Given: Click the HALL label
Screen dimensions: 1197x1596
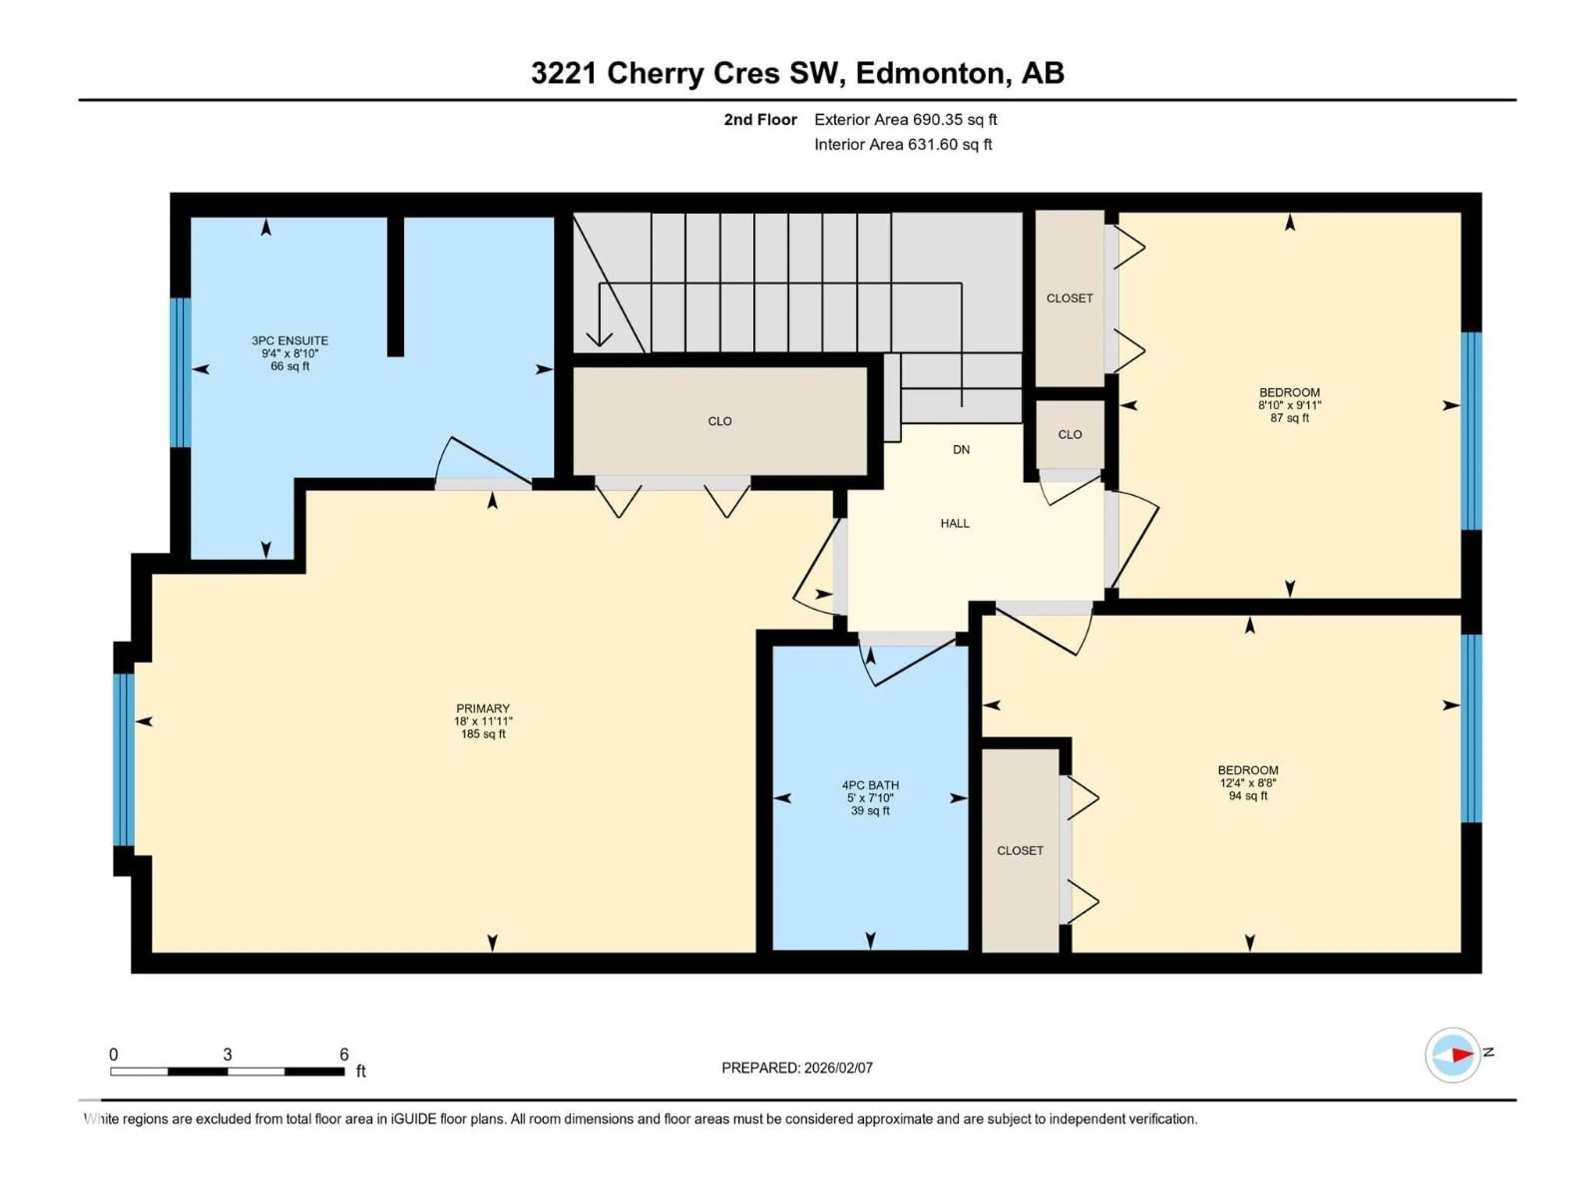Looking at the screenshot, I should click(955, 523).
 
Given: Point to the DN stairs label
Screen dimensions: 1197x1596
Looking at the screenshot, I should click(961, 450).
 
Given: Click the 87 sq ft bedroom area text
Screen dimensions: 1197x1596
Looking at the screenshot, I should click(1289, 418).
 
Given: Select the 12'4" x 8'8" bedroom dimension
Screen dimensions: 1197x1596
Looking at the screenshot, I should click(1248, 783).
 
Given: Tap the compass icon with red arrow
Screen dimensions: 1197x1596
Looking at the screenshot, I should click(1453, 1055).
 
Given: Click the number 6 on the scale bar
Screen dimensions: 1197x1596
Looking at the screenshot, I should click(344, 1054).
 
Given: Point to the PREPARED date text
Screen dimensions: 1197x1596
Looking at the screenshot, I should click(797, 1068).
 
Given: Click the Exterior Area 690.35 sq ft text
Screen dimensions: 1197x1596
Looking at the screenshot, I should click(906, 120).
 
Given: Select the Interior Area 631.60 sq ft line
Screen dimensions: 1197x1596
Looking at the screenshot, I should click(903, 144).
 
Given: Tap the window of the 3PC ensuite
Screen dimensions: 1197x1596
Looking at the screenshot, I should click(180, 372).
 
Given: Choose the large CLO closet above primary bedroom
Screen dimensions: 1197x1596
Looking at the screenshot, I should click(719, 421).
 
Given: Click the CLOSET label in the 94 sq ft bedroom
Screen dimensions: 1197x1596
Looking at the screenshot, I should click(1020, 851).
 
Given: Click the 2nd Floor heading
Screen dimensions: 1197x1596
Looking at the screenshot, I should click(760, 120).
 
